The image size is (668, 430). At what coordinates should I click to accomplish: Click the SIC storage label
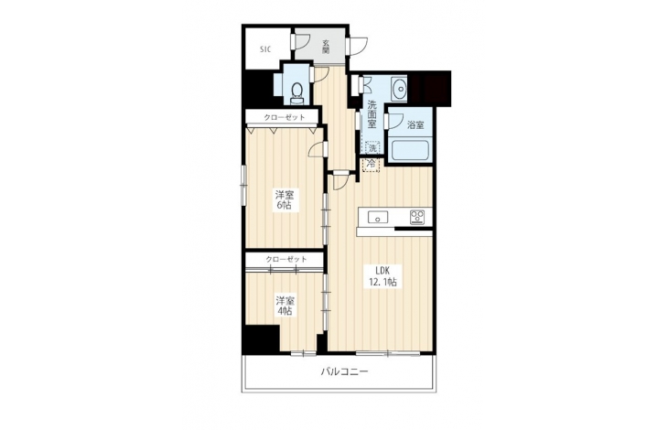tap(265, 49)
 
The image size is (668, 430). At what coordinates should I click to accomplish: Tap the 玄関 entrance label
tap(326, 47)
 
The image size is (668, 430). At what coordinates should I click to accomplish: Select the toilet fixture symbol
tap(296, 92)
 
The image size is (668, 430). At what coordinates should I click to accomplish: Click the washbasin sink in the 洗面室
tap(399, 89)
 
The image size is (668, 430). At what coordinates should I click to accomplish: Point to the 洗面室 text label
tap(372, 114)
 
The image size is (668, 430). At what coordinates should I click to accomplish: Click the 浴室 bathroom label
tap(415, 125)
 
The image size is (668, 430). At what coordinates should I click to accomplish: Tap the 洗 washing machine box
tap(372, 148)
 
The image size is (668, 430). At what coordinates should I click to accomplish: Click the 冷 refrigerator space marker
tap(372, 164)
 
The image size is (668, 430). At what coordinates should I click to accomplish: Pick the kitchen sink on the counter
tap(378, 218)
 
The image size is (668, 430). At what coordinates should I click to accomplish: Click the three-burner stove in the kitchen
tap(416, 217)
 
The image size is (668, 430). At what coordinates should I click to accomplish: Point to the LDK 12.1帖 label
tap(382, 275)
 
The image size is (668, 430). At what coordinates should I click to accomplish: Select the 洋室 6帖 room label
tap(285, 199)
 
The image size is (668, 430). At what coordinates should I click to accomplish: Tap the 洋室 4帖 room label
tap(285, 306)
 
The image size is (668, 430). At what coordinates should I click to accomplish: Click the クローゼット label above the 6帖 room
tap(285, 117)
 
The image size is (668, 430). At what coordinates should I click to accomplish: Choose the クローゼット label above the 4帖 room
tap(286, 259)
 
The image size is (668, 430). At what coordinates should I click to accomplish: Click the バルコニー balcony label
tap(344, 371)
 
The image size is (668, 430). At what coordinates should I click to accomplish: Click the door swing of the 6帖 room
tap(317, 150)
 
